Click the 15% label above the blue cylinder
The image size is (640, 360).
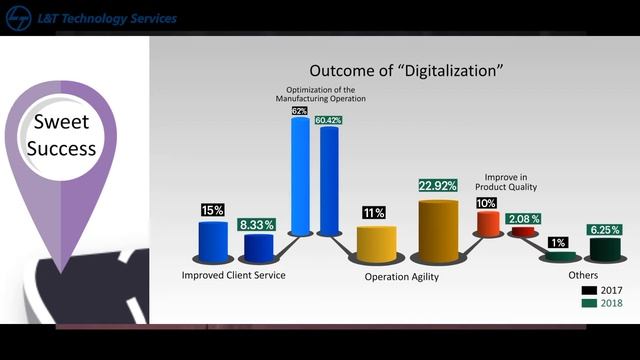point(213,210)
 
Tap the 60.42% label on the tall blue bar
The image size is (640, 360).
point(329,121)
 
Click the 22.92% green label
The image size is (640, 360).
point(438,186)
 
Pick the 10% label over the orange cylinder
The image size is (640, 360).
point(486,203)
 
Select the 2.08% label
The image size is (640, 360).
point(523,218)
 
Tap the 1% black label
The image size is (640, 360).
point(557,243)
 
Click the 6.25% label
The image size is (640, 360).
point(607,229)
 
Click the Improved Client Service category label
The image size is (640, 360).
point(234,275)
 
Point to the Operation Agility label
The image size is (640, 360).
point(401,277)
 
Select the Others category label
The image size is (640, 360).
point(583,275)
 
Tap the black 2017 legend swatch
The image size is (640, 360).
point(588,290)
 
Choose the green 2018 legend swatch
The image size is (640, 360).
point(588,303)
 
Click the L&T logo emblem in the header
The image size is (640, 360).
point(16,18)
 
